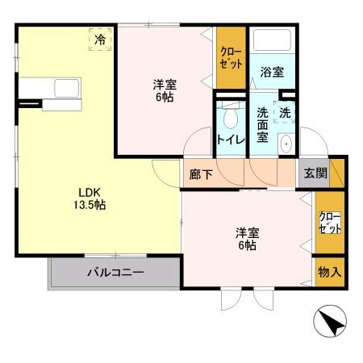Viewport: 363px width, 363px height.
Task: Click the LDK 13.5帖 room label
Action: tap(90, 199)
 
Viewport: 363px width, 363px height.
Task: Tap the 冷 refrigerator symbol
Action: tap(100, 40)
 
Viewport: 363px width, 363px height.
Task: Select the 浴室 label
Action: tap(272, 72)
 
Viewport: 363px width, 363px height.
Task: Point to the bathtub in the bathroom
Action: tap(272, 40)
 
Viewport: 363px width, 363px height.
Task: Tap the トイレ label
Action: tap(231, 140)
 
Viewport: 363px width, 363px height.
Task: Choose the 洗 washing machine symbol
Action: tap(285, 112)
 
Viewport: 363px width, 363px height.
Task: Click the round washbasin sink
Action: tap(286, 144)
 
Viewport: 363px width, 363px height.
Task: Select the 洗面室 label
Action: tap(262, 125)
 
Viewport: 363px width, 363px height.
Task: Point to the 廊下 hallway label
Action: tap(201, 174)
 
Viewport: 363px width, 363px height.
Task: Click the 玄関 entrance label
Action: tap(315, 173)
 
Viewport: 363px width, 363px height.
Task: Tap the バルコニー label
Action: tap(115, 273)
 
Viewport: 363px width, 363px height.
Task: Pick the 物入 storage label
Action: tap(330, 272)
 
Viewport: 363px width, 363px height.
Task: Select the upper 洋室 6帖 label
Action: tap(165, 90)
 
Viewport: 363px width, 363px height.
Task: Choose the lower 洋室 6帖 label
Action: tap(247, 239)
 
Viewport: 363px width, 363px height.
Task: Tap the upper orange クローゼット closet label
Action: tap(231, 58)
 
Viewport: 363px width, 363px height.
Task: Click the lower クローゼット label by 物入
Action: tap(330, 223)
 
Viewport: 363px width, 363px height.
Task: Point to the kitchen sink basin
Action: tap(67, 89)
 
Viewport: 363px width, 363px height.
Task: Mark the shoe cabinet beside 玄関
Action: tap(336, 173)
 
